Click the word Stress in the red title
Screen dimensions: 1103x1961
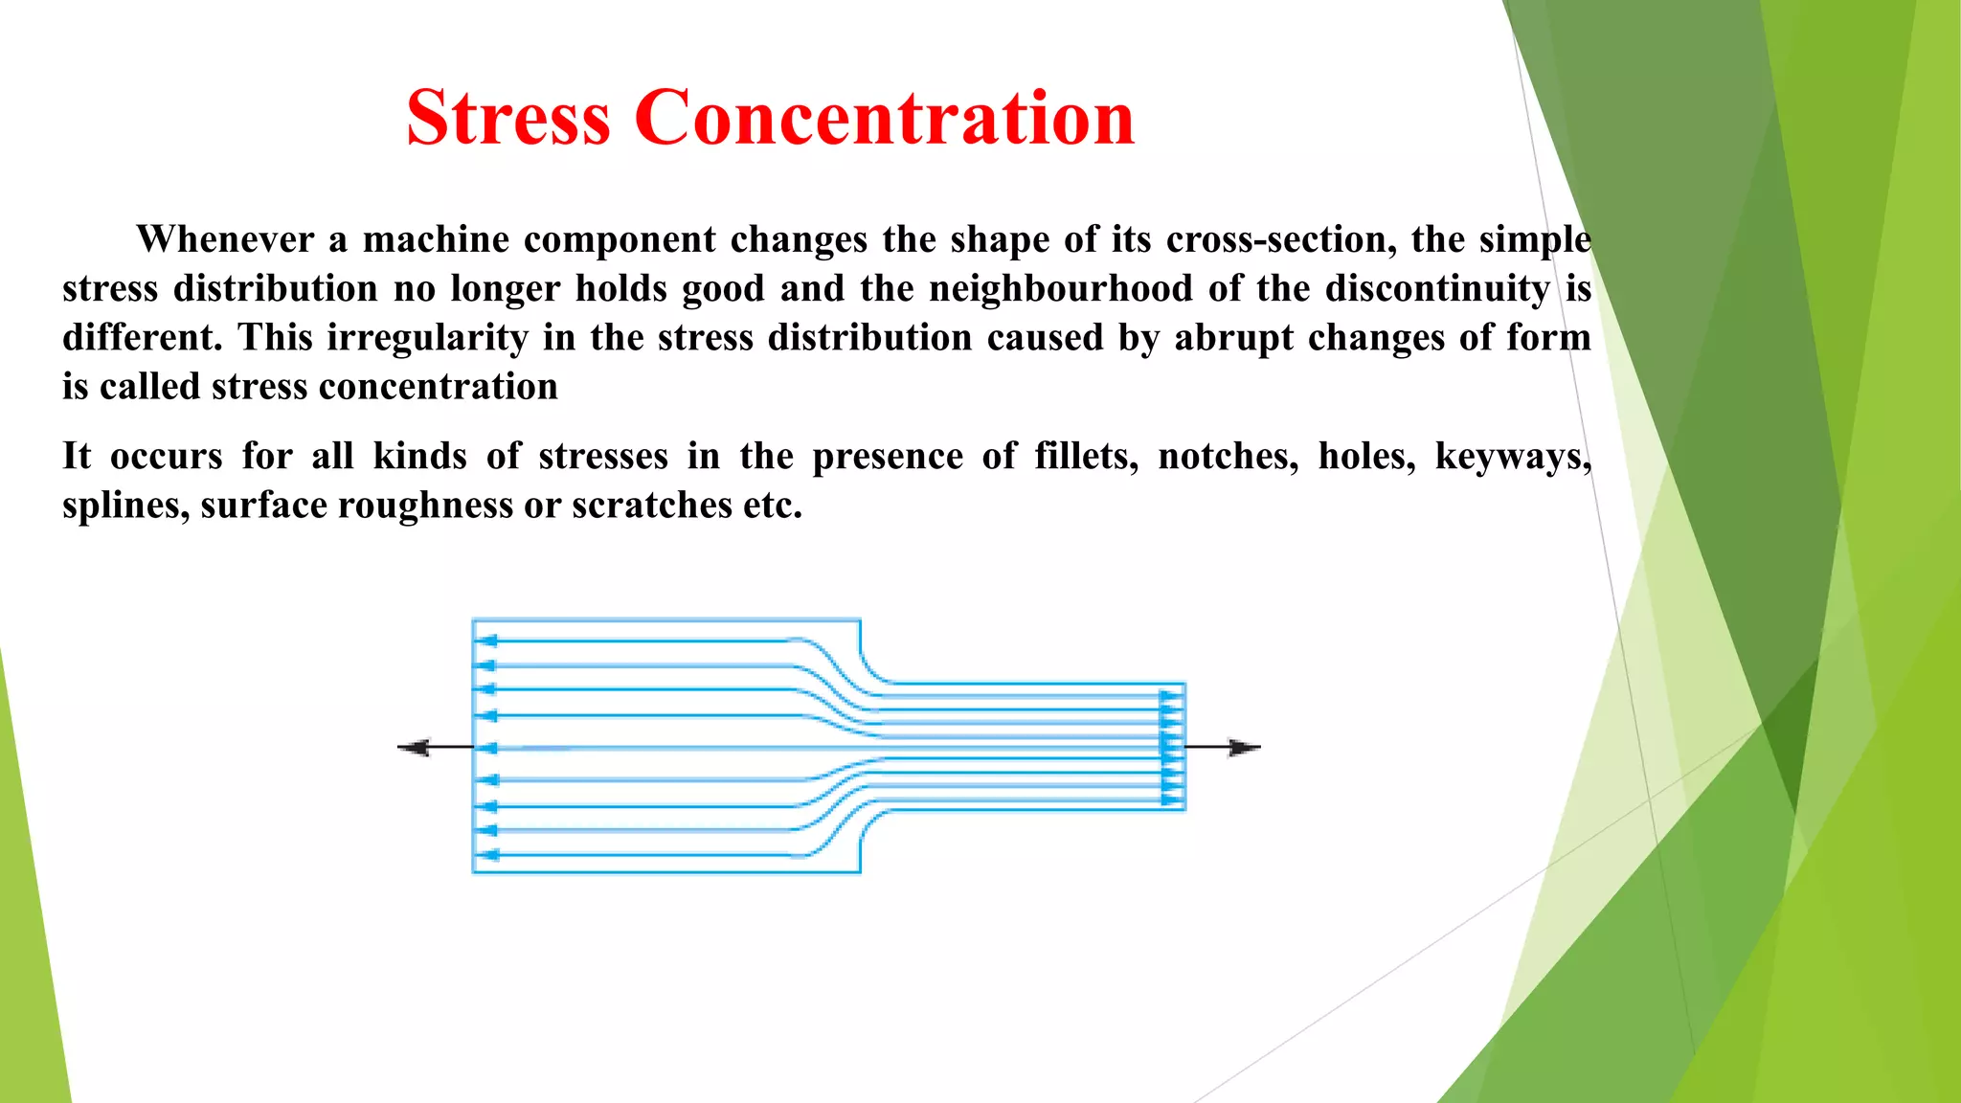point(507,119)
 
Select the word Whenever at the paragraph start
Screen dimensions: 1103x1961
point(225,239)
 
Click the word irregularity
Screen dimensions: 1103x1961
point(427,337)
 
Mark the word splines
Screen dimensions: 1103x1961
point(125,506)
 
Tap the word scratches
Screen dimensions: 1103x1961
point(652,505)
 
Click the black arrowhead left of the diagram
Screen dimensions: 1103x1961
point(414,748)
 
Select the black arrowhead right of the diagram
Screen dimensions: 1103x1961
point(1245,748)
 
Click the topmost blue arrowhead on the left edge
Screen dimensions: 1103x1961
point(486,642)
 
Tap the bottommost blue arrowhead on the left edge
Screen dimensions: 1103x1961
point(486,855)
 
